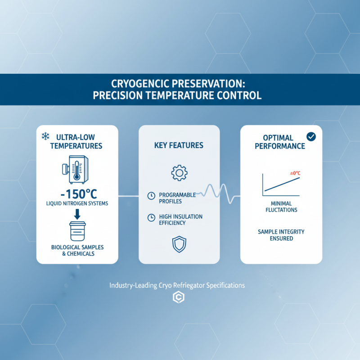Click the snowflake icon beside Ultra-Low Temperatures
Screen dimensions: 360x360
(45, 135)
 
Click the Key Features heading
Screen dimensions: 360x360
(179, 145)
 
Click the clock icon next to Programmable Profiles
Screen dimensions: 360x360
(151, 195)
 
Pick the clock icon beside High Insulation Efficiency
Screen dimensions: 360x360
(151, 218)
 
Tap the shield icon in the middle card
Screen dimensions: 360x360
(179, 243)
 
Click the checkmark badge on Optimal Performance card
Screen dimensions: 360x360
(310, 136)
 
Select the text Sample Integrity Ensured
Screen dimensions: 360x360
(281, 235)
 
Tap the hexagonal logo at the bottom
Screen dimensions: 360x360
(179, 298)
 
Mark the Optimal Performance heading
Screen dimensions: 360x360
(279, 142)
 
